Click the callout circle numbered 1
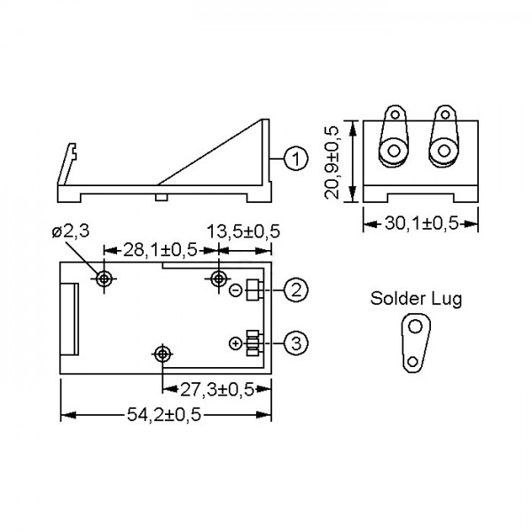pyautogui.click(x=296, y=159)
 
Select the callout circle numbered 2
pyautogui.click(x=296, y=290)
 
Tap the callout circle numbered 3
pyautogui.click(x=296, y=343)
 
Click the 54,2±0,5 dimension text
pyautogui.click(x=164, y=415)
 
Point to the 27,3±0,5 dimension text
pyautogui.click(x=217, y=389)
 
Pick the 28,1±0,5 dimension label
pyautogui.click(x=160, y=250)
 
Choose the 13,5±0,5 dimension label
pyautogui.click(x=243, y=231)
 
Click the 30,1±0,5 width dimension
pyautogui.click(x=421, y=223)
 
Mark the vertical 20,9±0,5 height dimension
pyautogui.click(x=332, y=162)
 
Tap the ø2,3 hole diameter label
pyautogui.click(x=71, y=231)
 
